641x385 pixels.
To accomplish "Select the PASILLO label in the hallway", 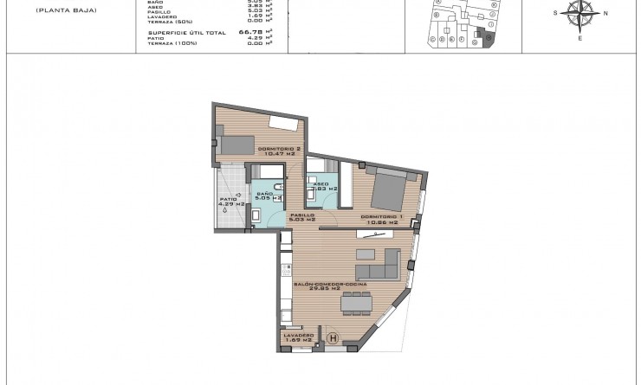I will [301, 215].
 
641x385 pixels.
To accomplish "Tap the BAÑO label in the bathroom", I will [263, 193].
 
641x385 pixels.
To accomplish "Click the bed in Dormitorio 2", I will [236, 144].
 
